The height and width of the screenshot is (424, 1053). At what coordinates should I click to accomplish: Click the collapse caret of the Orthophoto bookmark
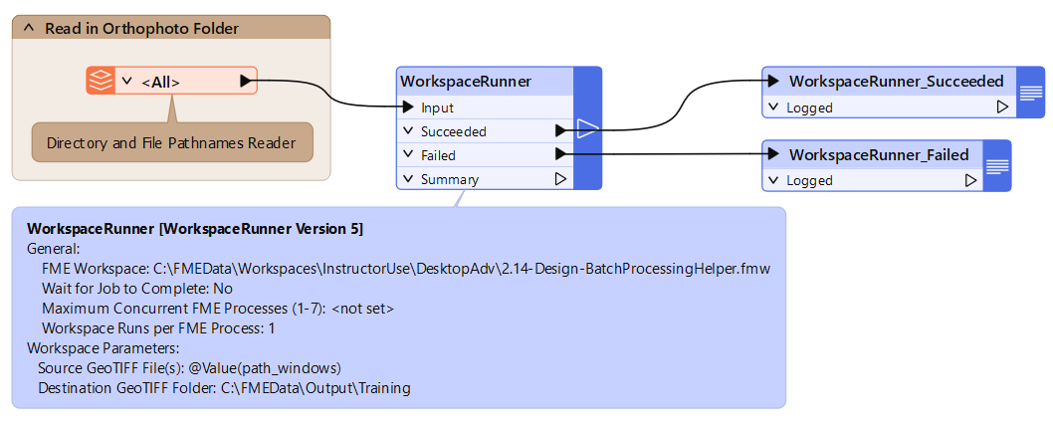pyautogui.click(x=28, y=29)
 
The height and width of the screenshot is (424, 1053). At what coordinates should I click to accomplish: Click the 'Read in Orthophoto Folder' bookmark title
pyautogui.click(x=141, y=29)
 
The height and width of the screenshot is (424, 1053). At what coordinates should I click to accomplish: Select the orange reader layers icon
pyautogui.click(x=101, y=81)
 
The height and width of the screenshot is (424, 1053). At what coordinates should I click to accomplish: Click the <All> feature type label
pyautogui.click(x=160, y=82)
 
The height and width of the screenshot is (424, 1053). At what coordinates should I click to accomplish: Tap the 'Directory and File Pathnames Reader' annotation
pyautogui.click(x=171, y=143)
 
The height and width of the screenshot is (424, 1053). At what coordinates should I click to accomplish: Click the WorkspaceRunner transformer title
pyautogui.click(x=465, y=82)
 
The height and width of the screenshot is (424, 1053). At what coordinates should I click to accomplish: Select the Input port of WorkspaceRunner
pyautogui.click(x=438, y=107)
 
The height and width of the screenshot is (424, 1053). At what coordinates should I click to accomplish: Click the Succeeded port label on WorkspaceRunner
pyautogui.click(x=453, y=131)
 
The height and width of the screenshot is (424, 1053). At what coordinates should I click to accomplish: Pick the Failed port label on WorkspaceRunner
pyautogui.click(x=438, y=155)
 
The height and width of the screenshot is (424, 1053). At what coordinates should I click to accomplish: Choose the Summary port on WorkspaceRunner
pyautogui.click(x=449, y=180)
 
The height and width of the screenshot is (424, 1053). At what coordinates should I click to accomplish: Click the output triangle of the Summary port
pyautogui.click(x=560, y=180)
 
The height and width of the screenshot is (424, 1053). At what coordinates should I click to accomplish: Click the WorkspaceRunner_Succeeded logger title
pyautogui.click(x=896, y=82)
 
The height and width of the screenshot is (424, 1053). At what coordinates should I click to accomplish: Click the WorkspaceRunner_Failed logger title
pyautogui.click(x=878, y=155)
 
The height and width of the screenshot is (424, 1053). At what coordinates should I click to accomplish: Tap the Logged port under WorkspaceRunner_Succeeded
pyautogui.click(x=809, y=107)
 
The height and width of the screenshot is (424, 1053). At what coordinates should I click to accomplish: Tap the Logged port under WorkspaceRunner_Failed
pyautogui.click(x=809, y=181)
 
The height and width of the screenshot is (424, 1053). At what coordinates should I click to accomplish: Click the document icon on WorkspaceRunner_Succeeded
pyautogui.click(x=1031, y=93)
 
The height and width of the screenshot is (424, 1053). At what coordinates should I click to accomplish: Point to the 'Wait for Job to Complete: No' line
pyautogui.click(x=137, y=289)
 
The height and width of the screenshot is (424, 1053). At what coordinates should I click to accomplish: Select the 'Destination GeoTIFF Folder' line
pyautogui.click(x=224, y=387)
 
